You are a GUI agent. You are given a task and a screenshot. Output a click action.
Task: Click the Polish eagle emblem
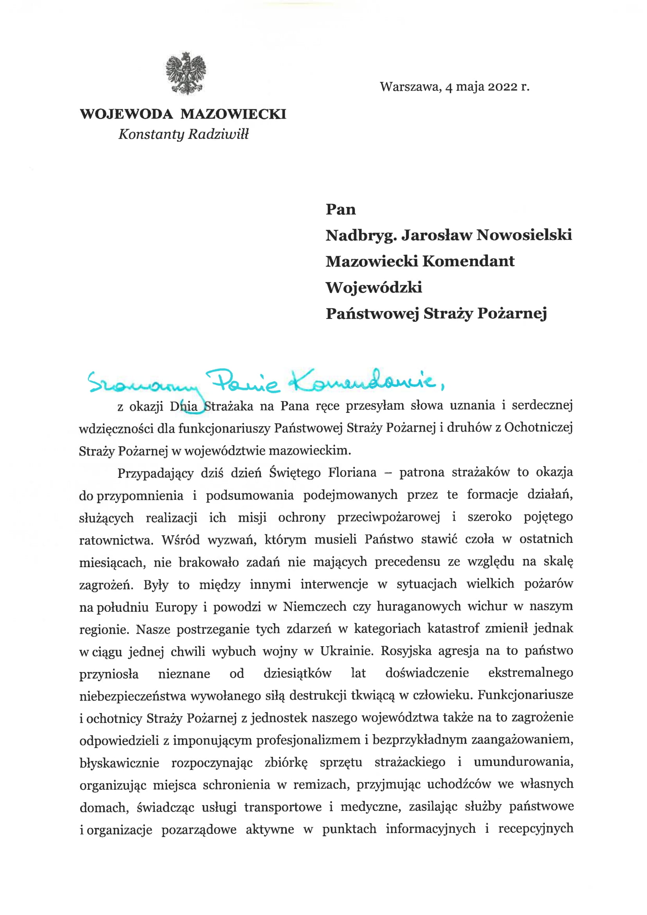[186, 73]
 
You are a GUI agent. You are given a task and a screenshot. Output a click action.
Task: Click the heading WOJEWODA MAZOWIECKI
[183, 114]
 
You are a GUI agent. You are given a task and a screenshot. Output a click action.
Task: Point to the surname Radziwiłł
[218, 134]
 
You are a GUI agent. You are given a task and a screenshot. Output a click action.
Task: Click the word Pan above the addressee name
[341, 209]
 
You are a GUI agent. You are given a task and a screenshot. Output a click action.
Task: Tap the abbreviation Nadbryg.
[361, 236]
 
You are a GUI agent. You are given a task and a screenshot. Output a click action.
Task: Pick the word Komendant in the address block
[468, 261]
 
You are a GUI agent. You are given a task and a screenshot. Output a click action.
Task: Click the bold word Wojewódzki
[374, 287]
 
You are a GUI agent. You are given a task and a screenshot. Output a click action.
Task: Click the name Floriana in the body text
[352, 473]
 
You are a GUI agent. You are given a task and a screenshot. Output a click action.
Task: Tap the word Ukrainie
[347, 651]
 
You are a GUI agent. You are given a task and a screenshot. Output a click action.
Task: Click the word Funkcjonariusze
[525, 695]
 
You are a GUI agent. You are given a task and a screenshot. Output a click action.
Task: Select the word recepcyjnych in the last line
[536, 829]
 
